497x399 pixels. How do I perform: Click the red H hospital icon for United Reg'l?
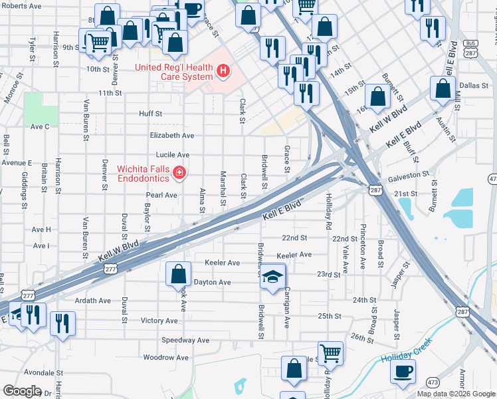(224, 69)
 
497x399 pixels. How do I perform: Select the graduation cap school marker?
(272, 277)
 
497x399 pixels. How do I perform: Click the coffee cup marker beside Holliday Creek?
(403, 372)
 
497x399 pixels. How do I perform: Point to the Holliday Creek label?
(405, 352)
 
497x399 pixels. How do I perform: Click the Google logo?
(22, 390)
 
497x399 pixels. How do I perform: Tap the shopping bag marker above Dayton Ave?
(178, 273)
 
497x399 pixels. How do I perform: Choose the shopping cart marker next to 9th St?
(99, 43)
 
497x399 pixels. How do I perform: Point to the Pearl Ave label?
(161, 196)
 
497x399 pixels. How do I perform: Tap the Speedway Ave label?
(185, 340)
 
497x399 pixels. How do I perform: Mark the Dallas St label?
(474, 85)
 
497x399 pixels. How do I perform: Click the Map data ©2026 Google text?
(456, 394)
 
